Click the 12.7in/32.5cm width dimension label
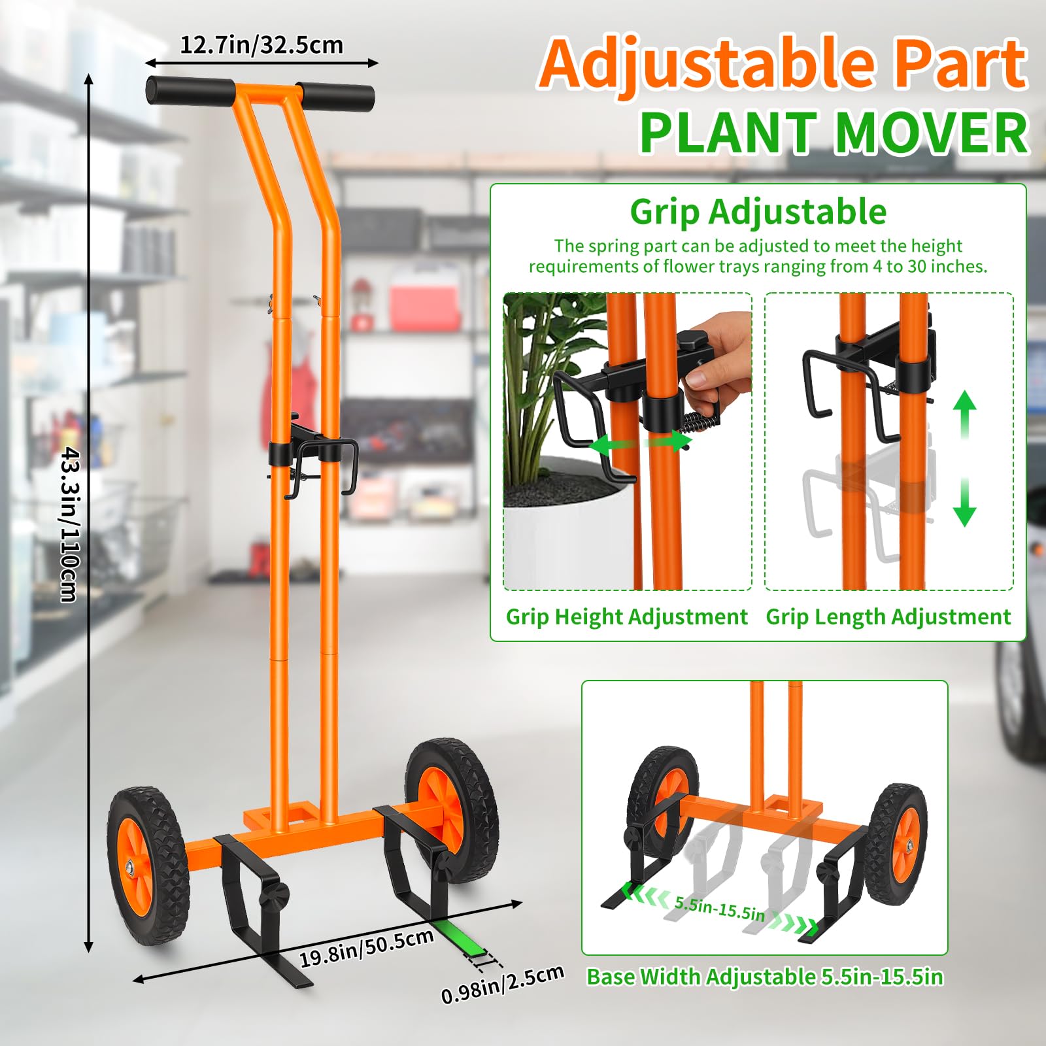261,45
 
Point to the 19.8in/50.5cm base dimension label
367,947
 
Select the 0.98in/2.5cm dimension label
502,984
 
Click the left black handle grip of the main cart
190,91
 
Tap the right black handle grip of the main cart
335,97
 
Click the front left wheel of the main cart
148,866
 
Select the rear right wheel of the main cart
452,811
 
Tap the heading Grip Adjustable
758,211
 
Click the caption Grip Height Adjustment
626,616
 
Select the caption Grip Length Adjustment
888,616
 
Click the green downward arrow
964,502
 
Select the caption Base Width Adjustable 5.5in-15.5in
765,977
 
